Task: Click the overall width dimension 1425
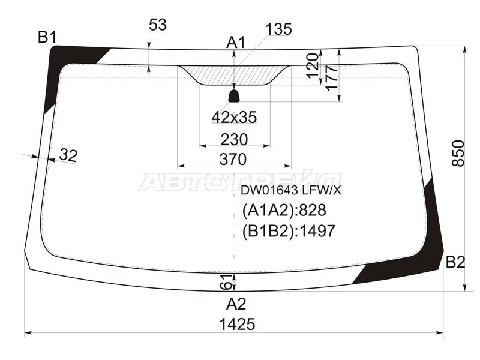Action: (x=236, y=325)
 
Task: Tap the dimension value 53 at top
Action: (x=157, y=25)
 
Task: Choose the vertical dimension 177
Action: (x=331, y=78)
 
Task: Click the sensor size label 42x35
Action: (x=234, y=118)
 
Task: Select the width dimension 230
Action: (x=234, y=139)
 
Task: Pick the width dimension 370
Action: (x=233, y=160)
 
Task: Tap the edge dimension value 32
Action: (x=68, y=155)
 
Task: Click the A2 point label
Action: (x=236, y=303)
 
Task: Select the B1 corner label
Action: (x=47, y=38)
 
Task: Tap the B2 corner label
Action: (x=455, y=262)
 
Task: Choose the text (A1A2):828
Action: (x=283, y=211)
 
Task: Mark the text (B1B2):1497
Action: (x=288, y=231)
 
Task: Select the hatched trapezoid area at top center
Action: (x=234, y=75)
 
